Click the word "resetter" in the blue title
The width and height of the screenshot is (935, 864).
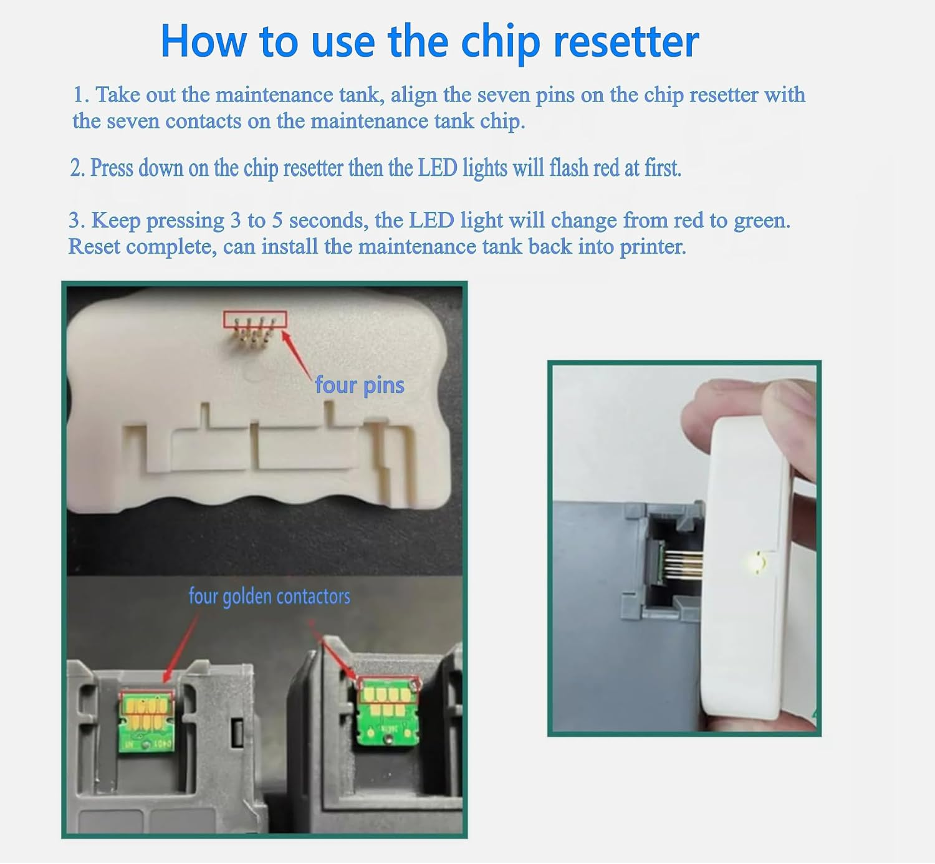(626, 42)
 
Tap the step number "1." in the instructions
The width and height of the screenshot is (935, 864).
(82, 95)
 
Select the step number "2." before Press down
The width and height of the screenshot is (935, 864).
(77, 168)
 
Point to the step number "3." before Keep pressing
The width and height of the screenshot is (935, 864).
(77, 221)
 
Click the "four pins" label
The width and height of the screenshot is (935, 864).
(360, 385)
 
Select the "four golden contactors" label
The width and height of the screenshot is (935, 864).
(269, 597)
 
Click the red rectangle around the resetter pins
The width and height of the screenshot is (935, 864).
(255, 319)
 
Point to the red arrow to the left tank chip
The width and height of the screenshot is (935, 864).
(181, 645)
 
